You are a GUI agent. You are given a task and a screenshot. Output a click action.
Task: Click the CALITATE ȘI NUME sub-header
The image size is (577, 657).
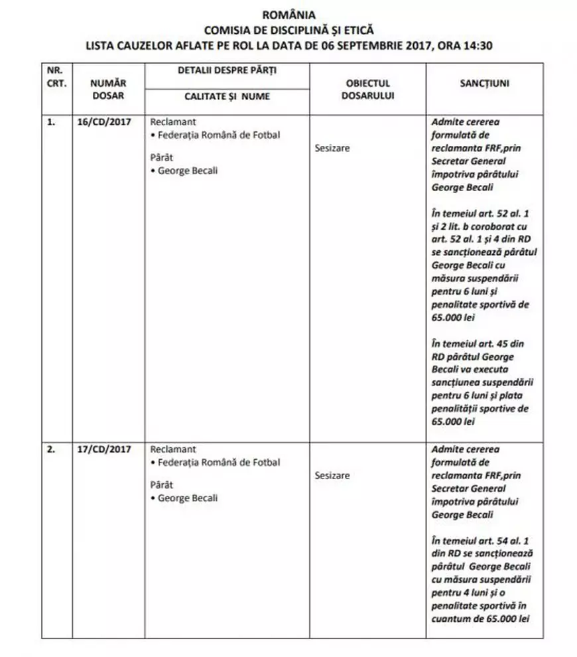coord(227,97)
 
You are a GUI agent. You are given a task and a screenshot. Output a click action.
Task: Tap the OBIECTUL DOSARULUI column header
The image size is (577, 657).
coord(367,89)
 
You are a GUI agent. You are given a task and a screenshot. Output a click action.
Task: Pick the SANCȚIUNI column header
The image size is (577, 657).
coord(484,84)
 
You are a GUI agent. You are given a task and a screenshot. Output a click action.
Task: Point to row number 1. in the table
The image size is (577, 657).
coord(50,122)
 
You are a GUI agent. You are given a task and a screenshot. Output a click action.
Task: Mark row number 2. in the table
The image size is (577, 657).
coord(50,449)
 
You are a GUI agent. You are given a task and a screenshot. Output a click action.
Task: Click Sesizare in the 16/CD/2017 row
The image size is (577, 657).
coord(332,148)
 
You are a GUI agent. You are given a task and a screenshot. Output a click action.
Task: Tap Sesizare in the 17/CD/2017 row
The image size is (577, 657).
coord(332,476)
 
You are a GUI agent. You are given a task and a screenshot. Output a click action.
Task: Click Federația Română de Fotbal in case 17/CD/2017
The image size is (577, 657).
coord(218,463)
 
